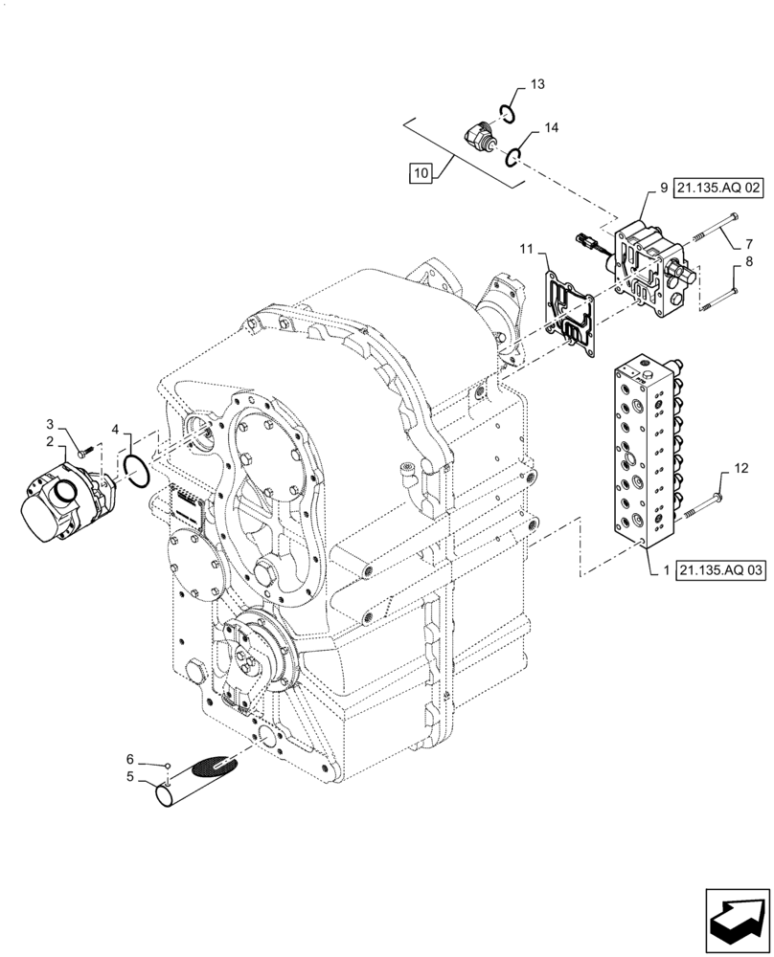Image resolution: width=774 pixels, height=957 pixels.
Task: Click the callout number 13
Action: tap(536, 85)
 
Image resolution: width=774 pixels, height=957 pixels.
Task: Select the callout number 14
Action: tap(552, 127)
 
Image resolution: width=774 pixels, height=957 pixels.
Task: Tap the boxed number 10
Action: tap(420, 173)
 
